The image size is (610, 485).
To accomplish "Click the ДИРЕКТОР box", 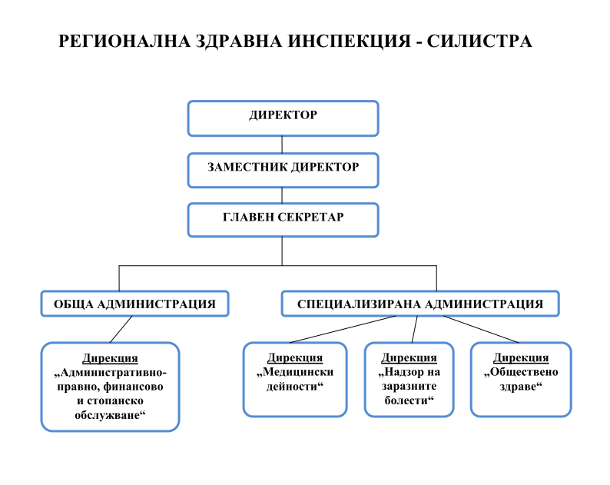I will point(283,118).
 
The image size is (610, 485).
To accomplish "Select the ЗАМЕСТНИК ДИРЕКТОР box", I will point(283,168).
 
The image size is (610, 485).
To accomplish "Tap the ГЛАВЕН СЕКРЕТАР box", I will point(283,219).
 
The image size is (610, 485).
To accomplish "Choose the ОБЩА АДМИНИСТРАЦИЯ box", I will point(134,304).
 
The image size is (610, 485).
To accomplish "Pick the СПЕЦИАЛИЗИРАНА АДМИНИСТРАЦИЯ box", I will point(420,304).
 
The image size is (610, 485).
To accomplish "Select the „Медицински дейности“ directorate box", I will point(295,379).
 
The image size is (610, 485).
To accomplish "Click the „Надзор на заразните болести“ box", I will point(409,379).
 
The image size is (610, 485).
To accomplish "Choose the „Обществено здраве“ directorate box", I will point(521,379).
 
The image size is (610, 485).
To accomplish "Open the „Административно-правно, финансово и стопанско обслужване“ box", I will point(110,386).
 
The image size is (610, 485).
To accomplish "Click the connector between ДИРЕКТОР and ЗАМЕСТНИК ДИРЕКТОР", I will point(283,145).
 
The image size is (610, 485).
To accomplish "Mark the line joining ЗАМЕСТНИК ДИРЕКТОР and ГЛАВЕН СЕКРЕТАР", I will point(283,195).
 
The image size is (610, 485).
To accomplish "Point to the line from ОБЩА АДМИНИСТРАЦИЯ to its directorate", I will point(121,330).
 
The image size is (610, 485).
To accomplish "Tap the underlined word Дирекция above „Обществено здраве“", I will point(521,358).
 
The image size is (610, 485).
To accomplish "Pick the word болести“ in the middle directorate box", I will point(409,401).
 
